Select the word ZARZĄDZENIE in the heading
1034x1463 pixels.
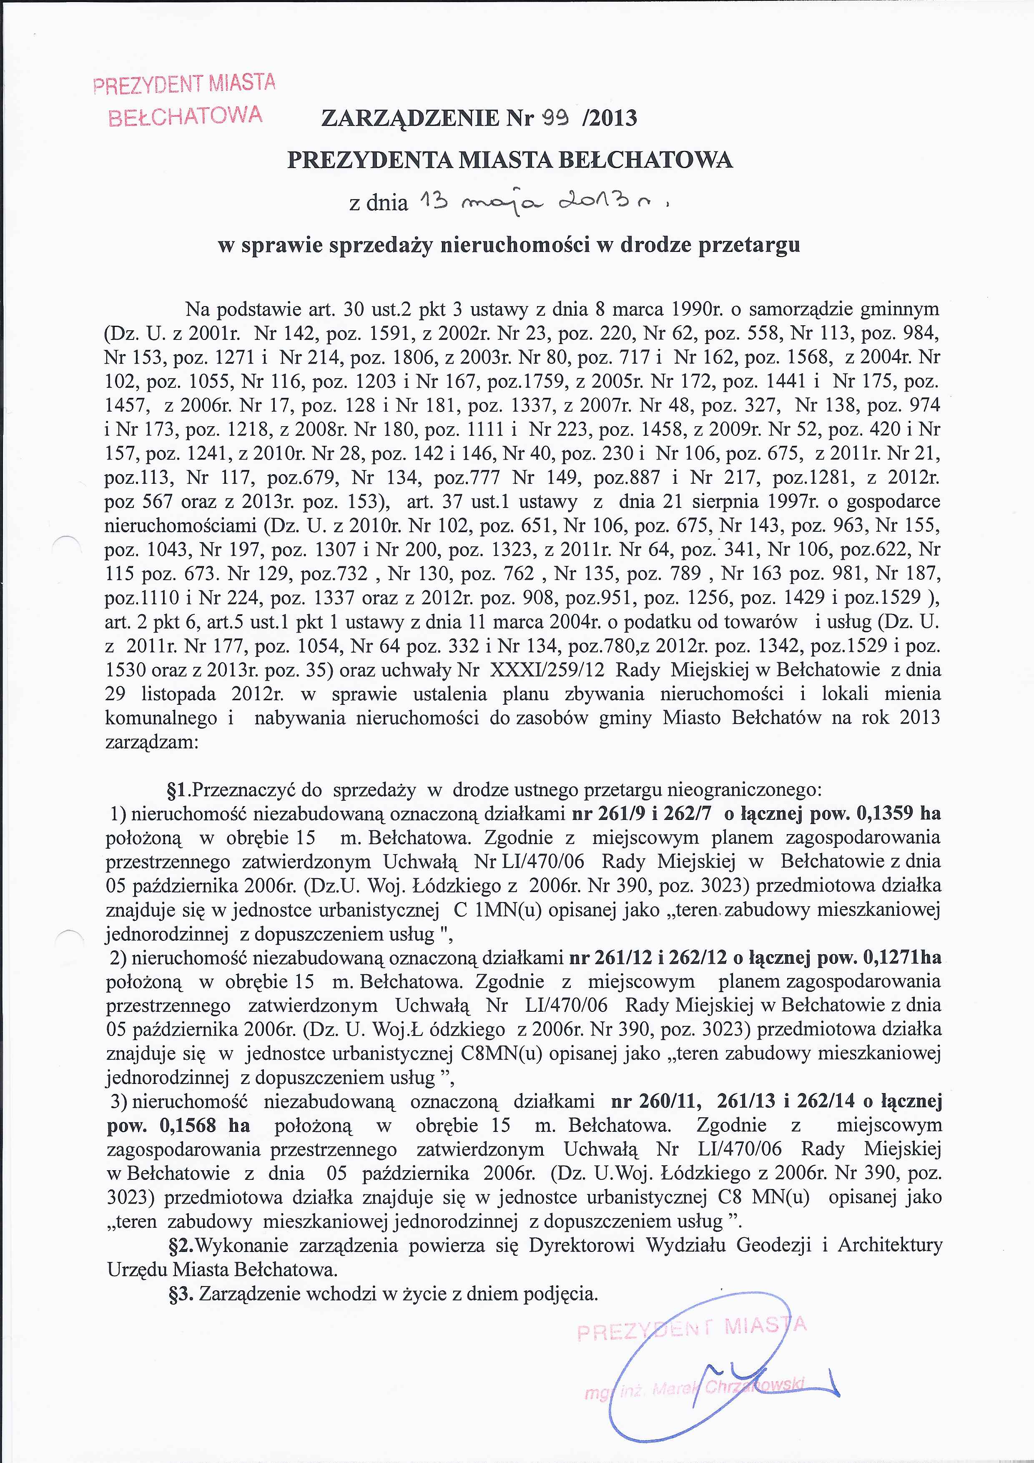point(410,118)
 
